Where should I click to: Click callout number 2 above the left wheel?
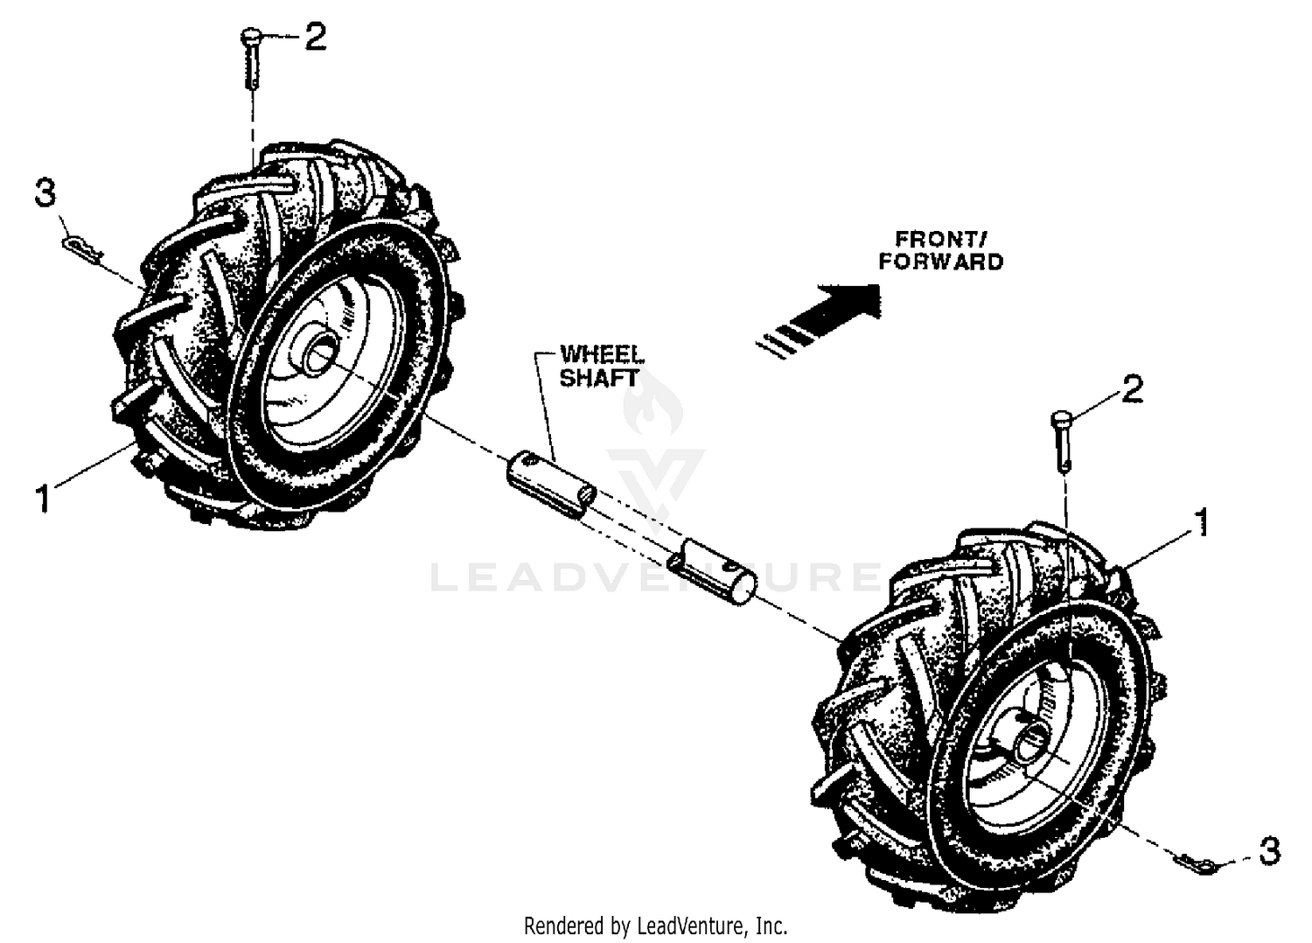click(x=314, y=38)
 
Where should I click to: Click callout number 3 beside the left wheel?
click(x=45, y=193)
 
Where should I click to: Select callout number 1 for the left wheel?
click(x=40, y=500)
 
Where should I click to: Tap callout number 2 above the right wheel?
click(x=1131, y=389)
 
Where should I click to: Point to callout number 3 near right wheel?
click(x=1269, y=850)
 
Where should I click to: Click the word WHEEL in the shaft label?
click(x=602, y=354)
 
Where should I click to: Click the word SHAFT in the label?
click(x=599, y=379)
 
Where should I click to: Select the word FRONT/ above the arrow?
click(x=935, y=238)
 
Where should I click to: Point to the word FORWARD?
click(x=940, y=261)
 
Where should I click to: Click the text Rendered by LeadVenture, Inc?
click(x=655, y=925)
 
